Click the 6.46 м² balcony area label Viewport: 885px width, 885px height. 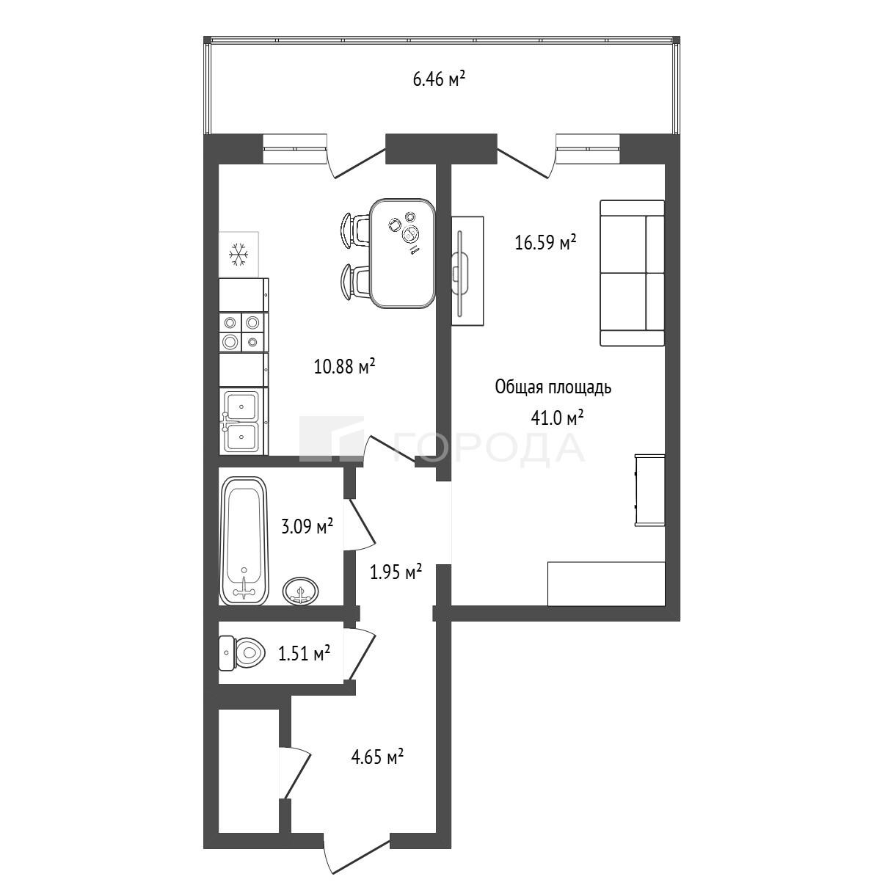pos(439,79)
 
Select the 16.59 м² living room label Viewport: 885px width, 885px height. pos(546,242)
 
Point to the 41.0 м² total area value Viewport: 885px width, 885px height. pos(557,418)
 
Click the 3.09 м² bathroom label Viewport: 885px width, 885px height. pos(307,526)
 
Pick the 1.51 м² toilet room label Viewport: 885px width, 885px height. pos(305,652)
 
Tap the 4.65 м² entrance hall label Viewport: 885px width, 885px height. pos(377,757)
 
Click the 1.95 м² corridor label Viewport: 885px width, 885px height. pos(396,572)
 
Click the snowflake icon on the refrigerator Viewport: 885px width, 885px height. pos(238,255)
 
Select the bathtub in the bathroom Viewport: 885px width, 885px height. pos(244,541)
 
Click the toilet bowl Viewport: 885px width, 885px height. pos(242,652)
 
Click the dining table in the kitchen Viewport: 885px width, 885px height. pos(403,253)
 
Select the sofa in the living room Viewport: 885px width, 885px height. pos(632,273)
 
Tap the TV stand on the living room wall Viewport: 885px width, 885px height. pos(467,271)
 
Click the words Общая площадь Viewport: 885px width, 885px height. pos(553,387)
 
